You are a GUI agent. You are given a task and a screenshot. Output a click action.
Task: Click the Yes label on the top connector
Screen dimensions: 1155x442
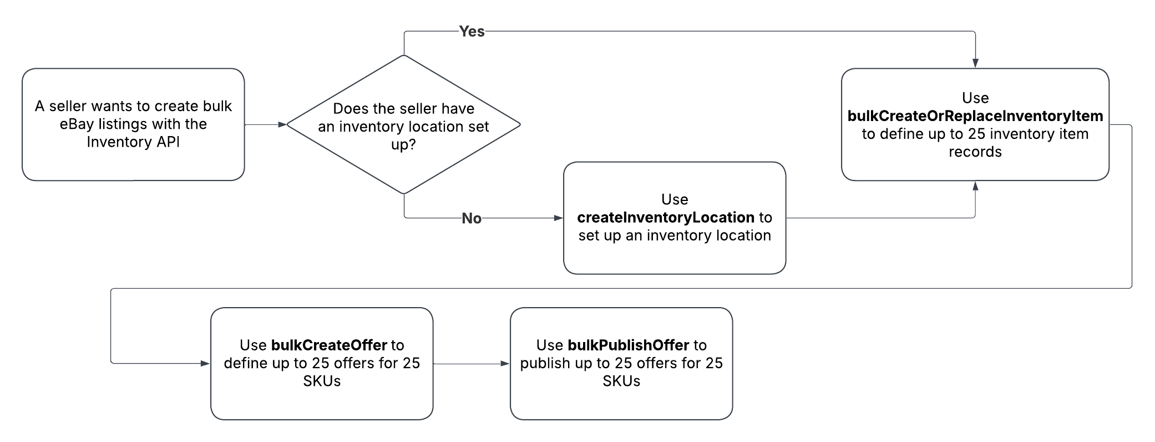pos(472,32)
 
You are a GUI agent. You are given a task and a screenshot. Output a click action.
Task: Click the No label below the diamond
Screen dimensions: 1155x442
pos(472,218)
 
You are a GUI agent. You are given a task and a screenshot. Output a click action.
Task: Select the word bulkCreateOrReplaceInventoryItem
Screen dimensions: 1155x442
pos(975,116)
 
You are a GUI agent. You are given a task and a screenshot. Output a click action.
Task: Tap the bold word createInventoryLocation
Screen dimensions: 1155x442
pos(666,217)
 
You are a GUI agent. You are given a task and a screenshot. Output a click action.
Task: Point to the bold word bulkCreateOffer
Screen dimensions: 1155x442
pos(329,345)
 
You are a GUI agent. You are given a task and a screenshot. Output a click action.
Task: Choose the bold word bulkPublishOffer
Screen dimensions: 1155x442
pos(629,345)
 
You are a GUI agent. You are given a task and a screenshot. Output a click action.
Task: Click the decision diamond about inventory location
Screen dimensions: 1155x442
pos(403,125)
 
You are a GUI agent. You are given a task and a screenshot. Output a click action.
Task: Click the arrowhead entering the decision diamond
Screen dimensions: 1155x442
pos(282,125)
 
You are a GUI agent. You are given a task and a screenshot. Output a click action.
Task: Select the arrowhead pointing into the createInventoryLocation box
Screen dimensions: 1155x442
pos(559,218)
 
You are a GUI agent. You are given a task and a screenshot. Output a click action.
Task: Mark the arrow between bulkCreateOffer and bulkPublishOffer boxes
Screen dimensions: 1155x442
pos(471,364)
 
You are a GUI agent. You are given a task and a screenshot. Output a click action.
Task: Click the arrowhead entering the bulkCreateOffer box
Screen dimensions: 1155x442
pos(206,364)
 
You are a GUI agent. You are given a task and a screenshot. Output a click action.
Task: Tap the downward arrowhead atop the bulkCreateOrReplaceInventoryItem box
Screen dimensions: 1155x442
pos(975,64)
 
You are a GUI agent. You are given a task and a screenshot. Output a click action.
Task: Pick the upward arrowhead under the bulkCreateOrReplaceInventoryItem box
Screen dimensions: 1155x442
pos(975,185)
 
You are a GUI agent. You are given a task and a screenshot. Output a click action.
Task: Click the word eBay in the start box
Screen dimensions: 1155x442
pos(77,124)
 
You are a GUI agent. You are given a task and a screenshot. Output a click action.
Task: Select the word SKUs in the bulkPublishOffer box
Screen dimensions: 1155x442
pos(621,381)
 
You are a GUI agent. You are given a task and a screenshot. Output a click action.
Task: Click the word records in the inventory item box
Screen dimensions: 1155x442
pos(975,152)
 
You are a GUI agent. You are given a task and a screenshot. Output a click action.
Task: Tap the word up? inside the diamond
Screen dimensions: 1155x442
pos(403,145)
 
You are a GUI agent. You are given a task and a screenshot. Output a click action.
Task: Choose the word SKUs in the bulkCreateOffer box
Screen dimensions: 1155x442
pos(322,381)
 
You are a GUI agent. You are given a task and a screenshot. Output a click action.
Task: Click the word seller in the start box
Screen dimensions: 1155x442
pos(68,106)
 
